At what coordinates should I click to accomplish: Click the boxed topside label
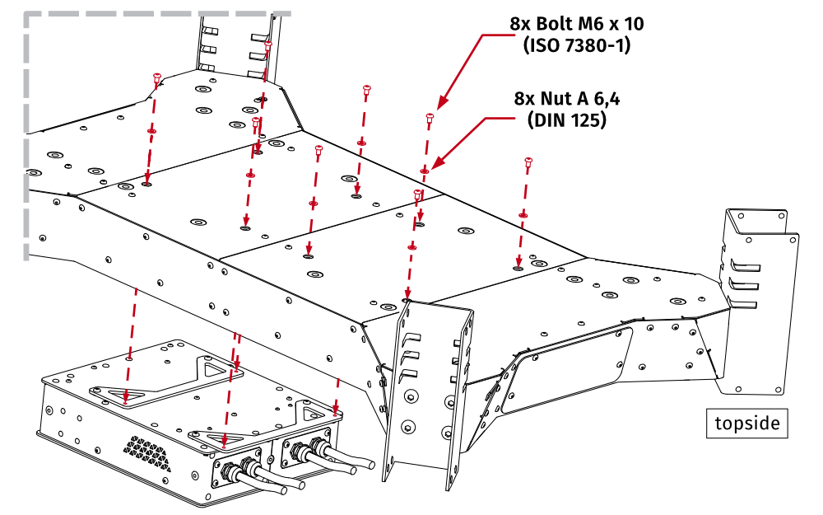click(x=747, y=424)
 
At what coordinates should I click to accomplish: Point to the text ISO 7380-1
click(x=576, y=45)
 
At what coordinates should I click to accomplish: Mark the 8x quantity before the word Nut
click(x=524, y=99)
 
